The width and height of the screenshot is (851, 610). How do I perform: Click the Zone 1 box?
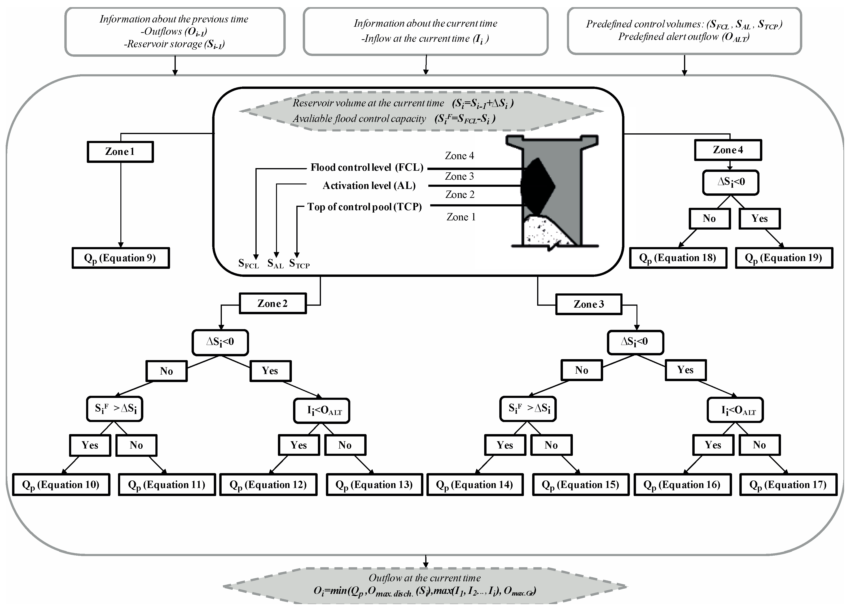pos(120,152)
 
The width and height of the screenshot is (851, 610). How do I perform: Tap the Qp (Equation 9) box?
pos(120,258)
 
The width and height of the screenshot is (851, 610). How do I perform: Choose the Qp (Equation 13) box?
pos(374,485)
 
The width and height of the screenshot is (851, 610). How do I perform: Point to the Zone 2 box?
pos(273,304)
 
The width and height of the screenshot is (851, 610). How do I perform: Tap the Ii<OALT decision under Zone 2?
pos(322,411)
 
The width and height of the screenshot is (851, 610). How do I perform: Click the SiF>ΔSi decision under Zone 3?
pos(528,409)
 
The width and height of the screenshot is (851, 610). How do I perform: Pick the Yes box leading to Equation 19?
pos(759,219)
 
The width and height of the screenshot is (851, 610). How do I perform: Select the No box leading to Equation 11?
pos(136,445)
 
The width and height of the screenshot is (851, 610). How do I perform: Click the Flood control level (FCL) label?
pos(367,167)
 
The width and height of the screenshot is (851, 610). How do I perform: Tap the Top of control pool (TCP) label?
pos(364,207)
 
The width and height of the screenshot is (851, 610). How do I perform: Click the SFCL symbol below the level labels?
pos(248,264)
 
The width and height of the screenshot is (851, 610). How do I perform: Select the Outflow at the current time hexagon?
pos(425,585)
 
